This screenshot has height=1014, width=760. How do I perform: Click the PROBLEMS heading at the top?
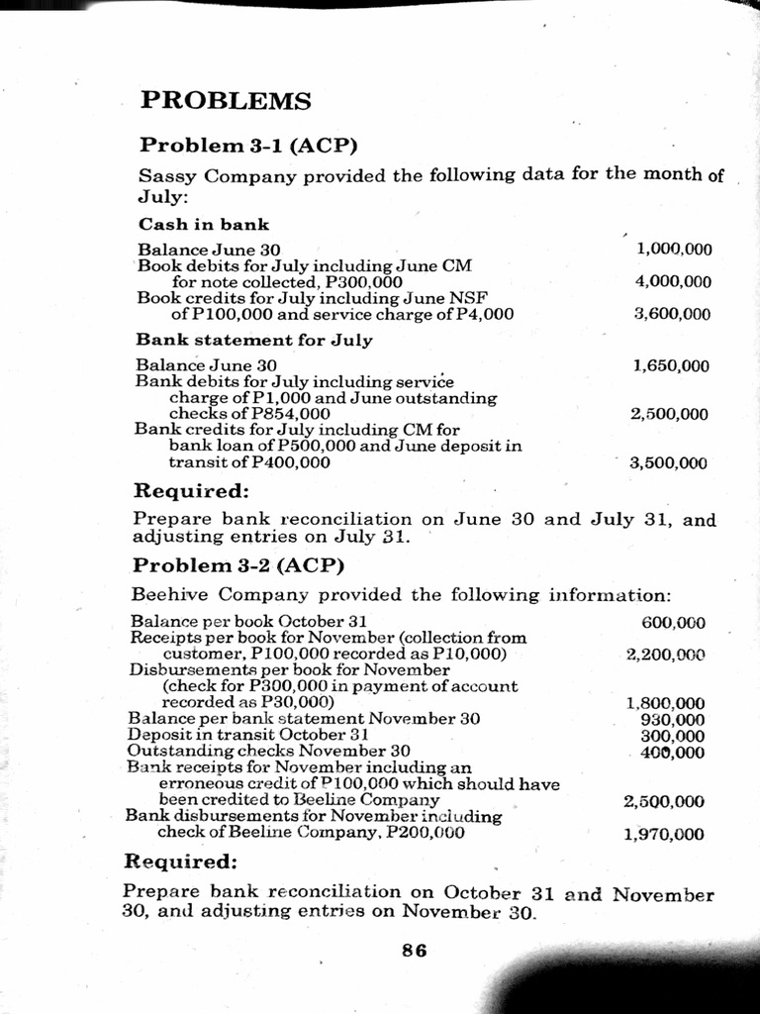(x=226, y=101)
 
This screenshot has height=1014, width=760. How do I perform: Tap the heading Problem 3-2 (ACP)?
(x=237, y=565)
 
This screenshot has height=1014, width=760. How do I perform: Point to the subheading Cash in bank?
(x=203, y=224)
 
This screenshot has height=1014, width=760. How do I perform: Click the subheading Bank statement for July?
(x=253, y=340)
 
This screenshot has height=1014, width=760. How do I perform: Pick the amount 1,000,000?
(x=674, y=249)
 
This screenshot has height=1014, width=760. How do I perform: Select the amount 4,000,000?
(x=673, y=282)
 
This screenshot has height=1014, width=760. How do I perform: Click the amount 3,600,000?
(x=673, y=315)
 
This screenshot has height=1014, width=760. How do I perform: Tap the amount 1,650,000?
(x=671, y=365)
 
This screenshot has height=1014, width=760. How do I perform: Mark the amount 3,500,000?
(x=669, y=462)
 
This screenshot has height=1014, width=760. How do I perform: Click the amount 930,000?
(x=673, y=719)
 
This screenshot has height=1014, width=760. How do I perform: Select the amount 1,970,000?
(x=665, y=834)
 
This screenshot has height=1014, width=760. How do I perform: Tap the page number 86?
(x=414, y=950)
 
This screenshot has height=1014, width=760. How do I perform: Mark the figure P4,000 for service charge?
(x=483, y=315)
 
